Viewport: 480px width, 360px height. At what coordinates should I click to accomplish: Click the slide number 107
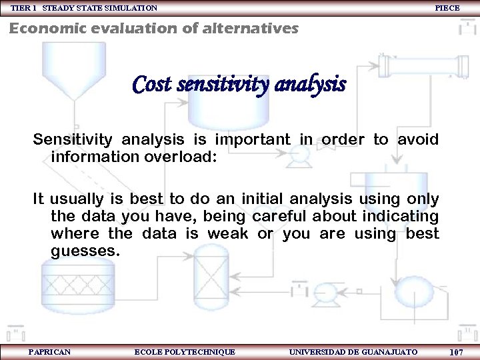pos(457,352)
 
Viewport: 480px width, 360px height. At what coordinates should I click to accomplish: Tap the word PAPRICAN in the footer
pos(50,352)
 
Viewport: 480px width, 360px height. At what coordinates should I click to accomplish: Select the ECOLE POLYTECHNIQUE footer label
pos(185,352)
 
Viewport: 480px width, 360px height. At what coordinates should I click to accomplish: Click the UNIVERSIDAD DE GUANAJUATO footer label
pos(353,352)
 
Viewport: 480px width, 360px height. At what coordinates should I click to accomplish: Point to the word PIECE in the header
pos(447,8)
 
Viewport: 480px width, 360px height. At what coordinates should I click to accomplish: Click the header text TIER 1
pos(24,8)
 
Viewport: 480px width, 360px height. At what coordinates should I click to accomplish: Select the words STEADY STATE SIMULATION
pos(100,8)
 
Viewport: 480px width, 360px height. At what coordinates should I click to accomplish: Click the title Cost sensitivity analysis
pos(239,85)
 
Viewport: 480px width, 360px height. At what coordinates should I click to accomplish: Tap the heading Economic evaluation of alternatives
pos(153,29)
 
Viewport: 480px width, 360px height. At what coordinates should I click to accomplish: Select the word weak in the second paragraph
pos(227,234)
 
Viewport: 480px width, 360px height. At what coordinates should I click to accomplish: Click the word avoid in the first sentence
pos(418,140)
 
